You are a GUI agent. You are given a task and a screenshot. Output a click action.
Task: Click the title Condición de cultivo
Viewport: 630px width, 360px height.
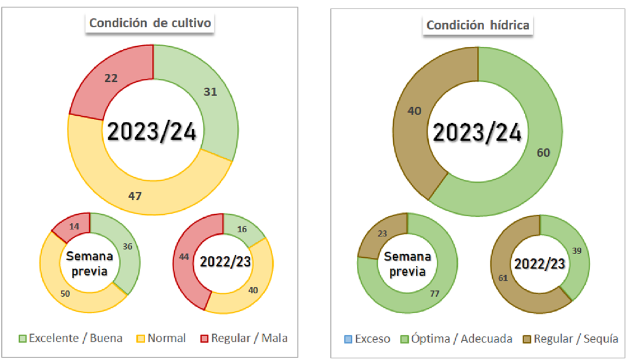click(x=151, y=23)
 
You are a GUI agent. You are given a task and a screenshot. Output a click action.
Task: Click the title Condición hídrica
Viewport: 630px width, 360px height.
click(x=478, y=25)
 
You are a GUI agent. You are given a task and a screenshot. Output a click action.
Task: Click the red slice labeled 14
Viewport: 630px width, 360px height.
click(x=73, y=226)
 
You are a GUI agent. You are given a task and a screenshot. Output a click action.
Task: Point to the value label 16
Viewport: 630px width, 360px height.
click(x=242, y=228)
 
